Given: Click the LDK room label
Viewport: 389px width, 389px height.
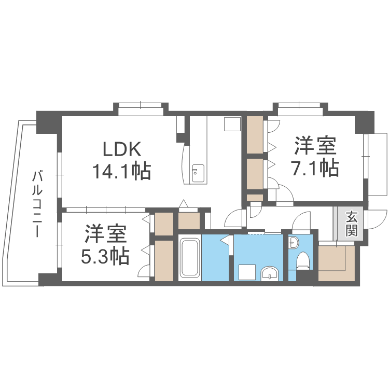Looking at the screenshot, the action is tap(122, 149).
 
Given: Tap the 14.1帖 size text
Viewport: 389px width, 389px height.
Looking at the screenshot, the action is tap(121, 171).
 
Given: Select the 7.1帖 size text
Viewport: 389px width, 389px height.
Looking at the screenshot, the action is tap(315, 169).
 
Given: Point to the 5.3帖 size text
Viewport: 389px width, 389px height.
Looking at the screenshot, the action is tap(105, 256).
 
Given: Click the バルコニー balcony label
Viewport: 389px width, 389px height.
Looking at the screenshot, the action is tap(37, 204).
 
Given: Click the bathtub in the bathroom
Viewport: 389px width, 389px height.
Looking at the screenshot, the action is tap(189, 257).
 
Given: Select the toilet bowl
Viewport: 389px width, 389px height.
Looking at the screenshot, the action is tap(303, 260).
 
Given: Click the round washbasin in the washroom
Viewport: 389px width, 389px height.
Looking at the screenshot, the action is tap(270, 273).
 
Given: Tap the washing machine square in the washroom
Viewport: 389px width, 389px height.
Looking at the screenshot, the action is tap(247, 272).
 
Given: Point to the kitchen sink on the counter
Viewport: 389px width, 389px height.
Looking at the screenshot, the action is tap(198, 171).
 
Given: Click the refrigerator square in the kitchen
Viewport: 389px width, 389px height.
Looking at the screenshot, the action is tap(232, 124).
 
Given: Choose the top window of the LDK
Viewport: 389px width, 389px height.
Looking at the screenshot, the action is tap(141, 109).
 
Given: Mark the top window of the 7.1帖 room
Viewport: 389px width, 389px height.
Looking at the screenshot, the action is tap(300, 109).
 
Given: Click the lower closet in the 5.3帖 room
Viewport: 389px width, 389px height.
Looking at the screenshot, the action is tap(164, 261).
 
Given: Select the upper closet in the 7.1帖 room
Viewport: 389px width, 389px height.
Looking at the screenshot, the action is tap(255, 135).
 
